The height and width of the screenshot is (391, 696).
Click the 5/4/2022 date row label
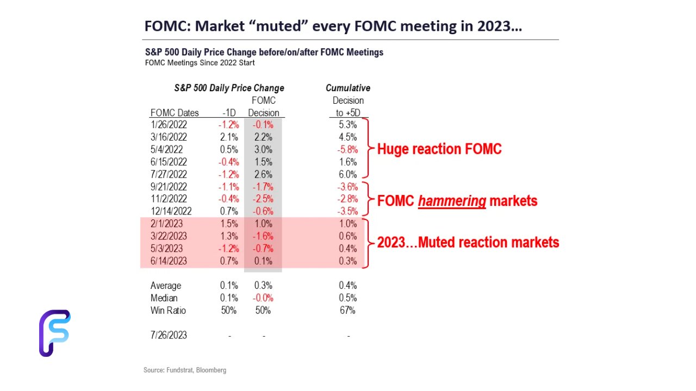tap(166, 149)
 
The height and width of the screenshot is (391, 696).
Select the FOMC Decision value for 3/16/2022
tap(264, 137)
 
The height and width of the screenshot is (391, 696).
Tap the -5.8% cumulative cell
tap(347, 149)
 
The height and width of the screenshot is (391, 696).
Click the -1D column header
tap(229, 113)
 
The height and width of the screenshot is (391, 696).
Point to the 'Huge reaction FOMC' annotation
tap(439, 149)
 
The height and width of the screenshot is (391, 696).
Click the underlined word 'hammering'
tap(452, 201)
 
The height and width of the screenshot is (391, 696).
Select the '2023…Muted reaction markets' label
tap(468, 242)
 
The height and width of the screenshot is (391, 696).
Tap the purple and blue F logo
tap(54, 333)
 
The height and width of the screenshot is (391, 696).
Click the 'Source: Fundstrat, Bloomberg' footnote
tap(185, 370)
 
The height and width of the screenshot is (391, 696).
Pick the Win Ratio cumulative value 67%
tap(347, 311)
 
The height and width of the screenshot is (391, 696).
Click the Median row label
tap(164, 298)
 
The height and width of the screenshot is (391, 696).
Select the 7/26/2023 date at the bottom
tap(169, 335)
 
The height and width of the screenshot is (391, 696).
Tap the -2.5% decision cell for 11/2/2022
tap(264, 199)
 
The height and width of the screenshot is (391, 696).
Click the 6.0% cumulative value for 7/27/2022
tap(347, 174)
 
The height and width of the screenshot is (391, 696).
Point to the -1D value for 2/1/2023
tap(229, 224)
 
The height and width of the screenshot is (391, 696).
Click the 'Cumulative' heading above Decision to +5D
tap(348, 88)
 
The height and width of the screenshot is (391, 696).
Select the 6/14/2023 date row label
tap(169, 261)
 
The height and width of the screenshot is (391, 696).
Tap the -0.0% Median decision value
tap(264, 298)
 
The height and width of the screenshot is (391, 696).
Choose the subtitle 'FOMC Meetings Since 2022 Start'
tap(200, 63)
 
